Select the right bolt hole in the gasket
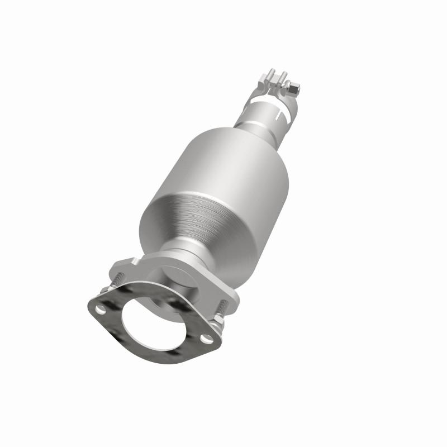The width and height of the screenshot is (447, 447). point(207,338)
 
